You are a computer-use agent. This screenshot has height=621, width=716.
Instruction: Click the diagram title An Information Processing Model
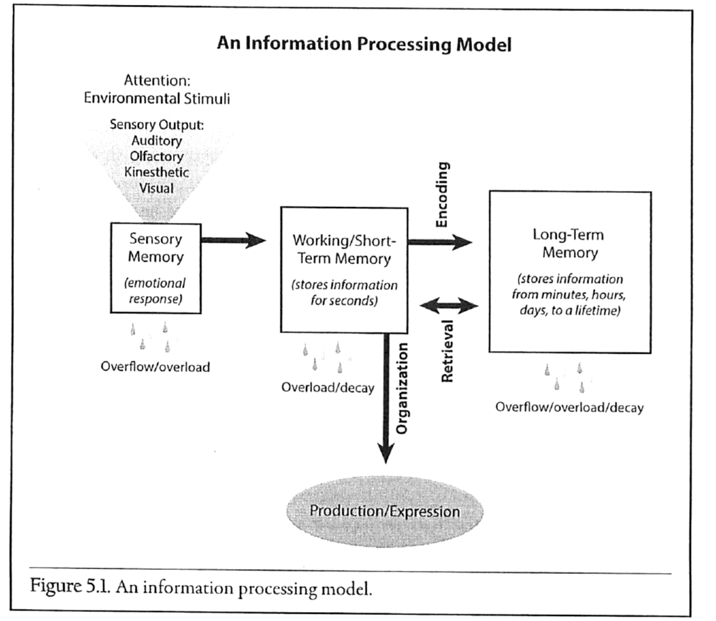point(364,44)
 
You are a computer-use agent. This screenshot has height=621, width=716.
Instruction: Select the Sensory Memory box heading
point(155,248)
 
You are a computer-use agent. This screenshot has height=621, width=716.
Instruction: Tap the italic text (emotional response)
point(155,291)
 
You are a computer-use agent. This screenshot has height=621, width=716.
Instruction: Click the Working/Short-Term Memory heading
point(344,249)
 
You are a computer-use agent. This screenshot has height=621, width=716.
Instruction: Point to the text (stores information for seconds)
point(344,292)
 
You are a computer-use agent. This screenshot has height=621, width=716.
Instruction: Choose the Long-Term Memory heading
point(569,243)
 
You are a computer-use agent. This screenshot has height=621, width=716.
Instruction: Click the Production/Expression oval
point(385,511)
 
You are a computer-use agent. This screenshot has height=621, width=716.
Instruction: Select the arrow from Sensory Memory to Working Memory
point(233,240)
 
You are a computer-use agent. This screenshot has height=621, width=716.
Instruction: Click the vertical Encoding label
point(442,194)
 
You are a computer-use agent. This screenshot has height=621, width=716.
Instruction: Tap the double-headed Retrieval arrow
point(449,307)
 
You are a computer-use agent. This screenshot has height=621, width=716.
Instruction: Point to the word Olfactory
point(156,156)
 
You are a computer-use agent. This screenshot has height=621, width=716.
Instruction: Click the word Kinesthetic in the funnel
point(156,172)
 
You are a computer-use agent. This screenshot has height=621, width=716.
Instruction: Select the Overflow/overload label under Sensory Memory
point(155,367)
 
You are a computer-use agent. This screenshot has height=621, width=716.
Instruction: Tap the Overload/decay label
point(328,388)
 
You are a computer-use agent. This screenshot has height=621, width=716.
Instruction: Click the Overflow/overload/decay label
point(569,408)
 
